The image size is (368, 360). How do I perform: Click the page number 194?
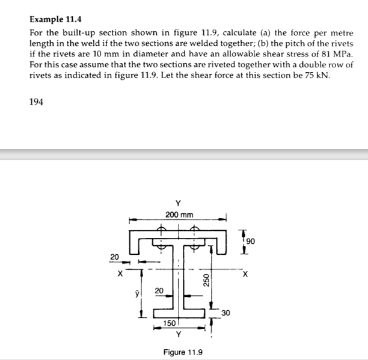(37, 102)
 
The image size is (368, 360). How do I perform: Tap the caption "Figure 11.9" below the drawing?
(183, 352)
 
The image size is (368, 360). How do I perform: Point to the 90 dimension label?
(250, 242)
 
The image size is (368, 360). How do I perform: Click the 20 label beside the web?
(159, 291)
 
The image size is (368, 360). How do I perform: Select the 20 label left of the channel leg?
(114, 257)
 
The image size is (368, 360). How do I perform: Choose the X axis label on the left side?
(120, 275)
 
